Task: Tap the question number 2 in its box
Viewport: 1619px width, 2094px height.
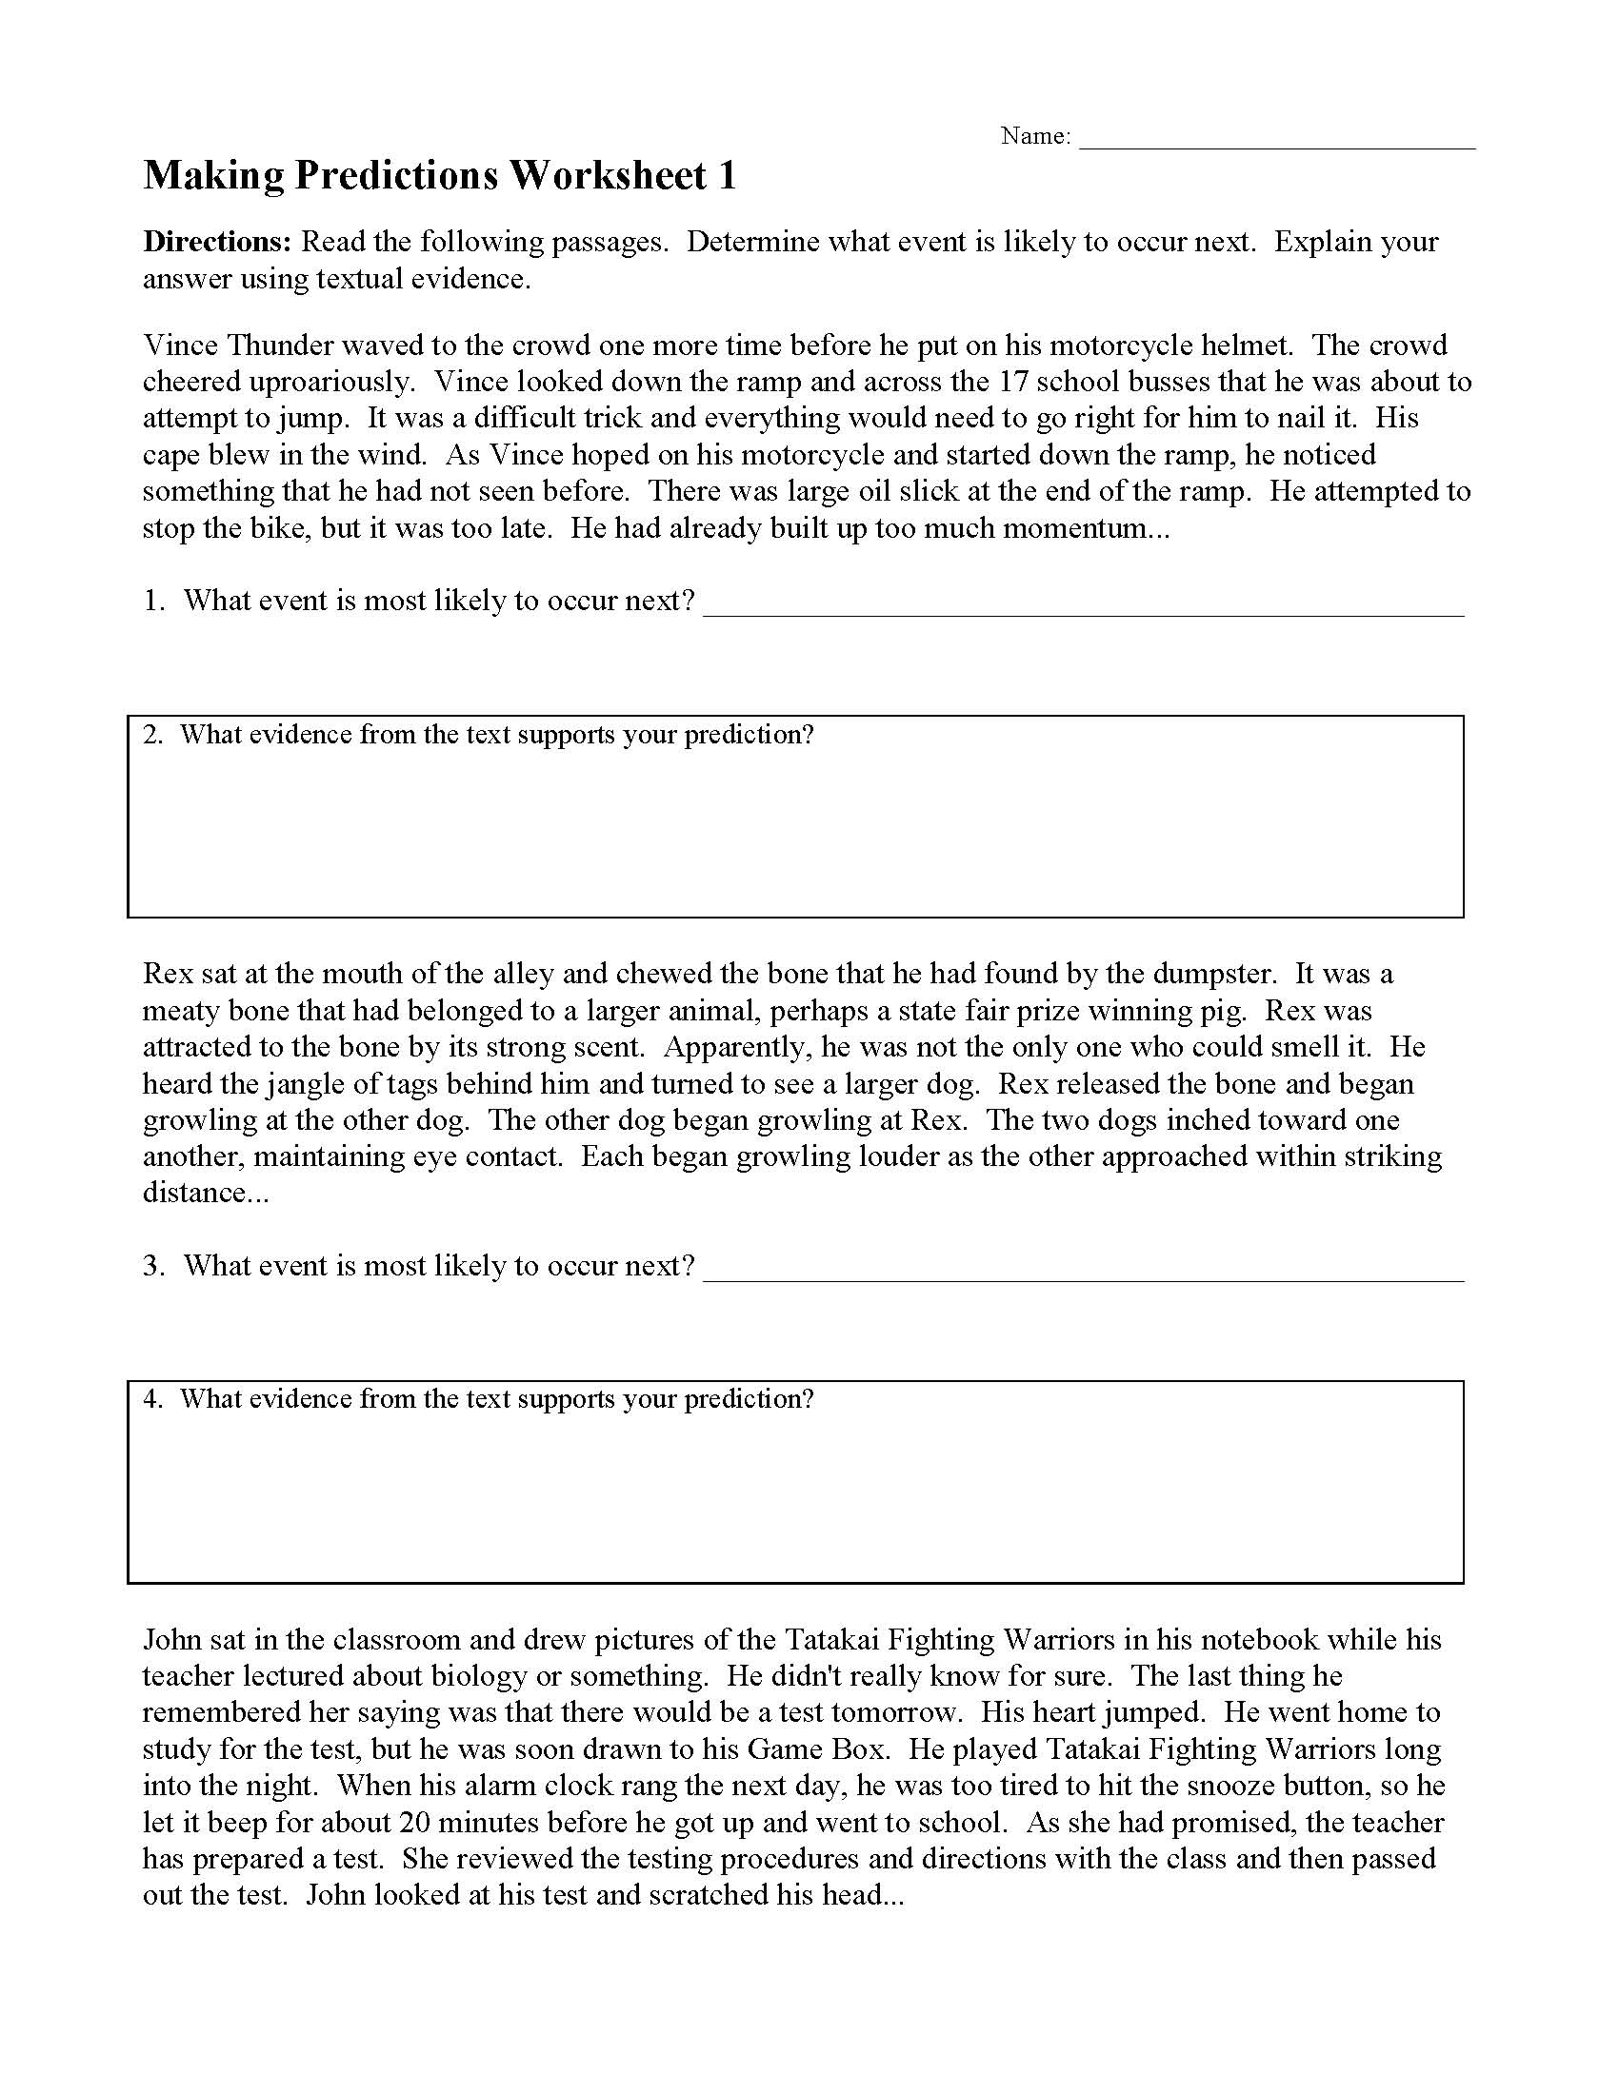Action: click(x=151, y=736)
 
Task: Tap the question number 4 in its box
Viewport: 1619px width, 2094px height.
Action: click(x=151, y=1400)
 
